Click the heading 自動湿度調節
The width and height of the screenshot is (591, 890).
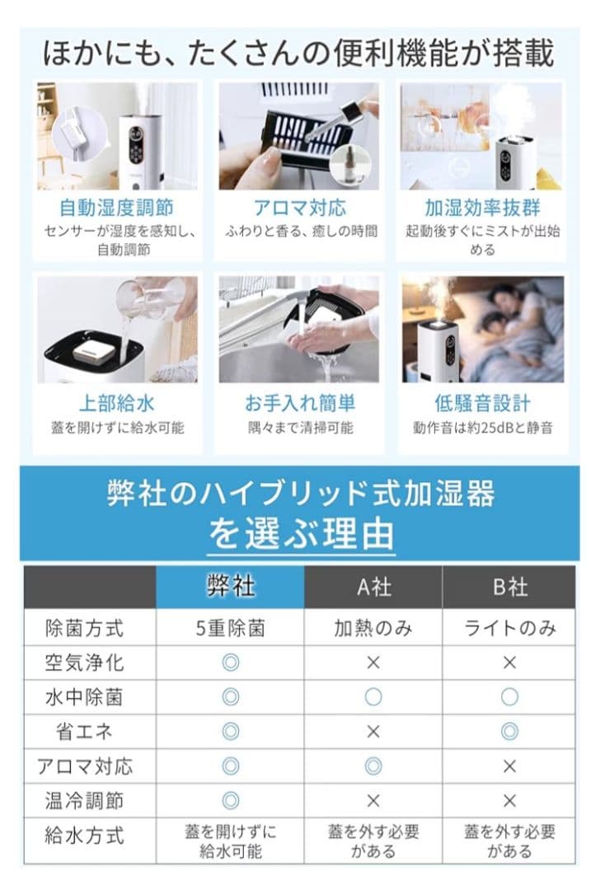coord(116,207)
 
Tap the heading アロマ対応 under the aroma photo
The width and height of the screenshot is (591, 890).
coord(298,207)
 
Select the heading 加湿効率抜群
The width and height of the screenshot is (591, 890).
coord(482,207)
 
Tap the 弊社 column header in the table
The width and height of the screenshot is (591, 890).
coord(230,587)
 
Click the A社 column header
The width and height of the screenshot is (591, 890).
coord(373,588)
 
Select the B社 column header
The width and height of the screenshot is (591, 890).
coord(509,588)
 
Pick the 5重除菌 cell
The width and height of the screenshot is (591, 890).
coord(230,628)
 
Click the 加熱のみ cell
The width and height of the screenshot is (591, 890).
coord(373,628)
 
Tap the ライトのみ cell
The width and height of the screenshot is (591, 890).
coord(509,628)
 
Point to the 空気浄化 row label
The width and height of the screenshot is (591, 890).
coord(84,663)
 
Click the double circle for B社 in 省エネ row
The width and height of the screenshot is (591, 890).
coord(509,731)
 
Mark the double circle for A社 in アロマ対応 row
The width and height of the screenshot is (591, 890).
coord(373,766)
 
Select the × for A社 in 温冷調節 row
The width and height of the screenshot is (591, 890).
coord(373,800)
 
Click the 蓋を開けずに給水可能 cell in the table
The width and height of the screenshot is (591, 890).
coord(230,841)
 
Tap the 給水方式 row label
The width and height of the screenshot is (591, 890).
coord(84,836)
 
